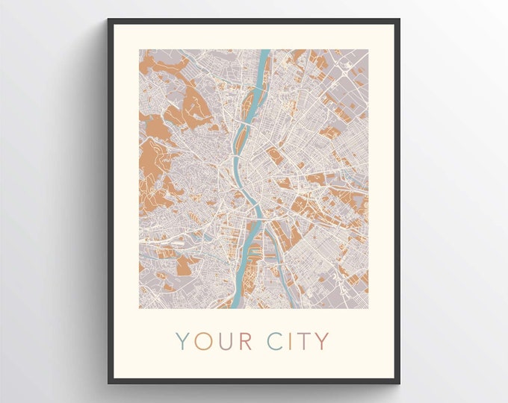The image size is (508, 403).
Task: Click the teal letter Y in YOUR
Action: coord(183,341)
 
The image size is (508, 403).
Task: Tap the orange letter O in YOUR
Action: coord(203,341)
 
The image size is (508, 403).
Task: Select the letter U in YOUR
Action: coord(225,341)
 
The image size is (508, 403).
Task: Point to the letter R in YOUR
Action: coord(245,341)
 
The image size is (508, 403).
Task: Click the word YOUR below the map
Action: coord(214,341)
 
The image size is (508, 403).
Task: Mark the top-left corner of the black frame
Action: coord(108,19)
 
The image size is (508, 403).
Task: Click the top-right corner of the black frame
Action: coord(400,19)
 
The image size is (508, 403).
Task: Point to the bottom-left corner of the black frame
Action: coord(108,383)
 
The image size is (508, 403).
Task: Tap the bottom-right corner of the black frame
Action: coord(400,383)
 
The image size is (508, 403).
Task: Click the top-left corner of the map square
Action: coord(139,50)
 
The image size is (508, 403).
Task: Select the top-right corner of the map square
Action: coord(368,50)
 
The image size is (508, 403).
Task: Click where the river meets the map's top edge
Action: coord(264,51)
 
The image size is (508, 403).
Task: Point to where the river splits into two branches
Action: coord(259,222)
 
